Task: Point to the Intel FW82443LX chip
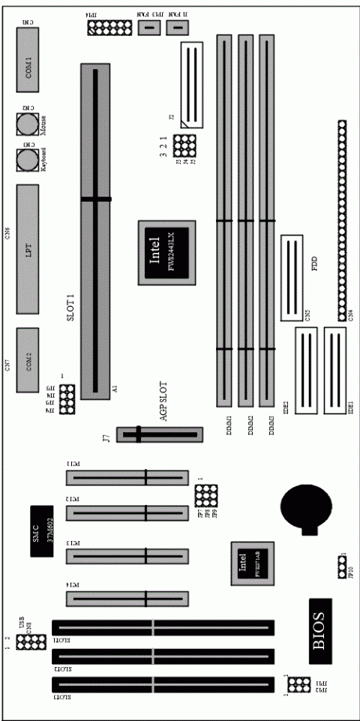click(166, 252)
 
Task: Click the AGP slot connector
click(159, 434)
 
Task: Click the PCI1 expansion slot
click(127, 477)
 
